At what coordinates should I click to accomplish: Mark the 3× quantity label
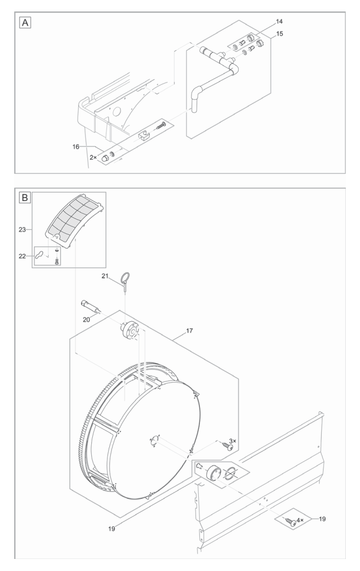point(232,440)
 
